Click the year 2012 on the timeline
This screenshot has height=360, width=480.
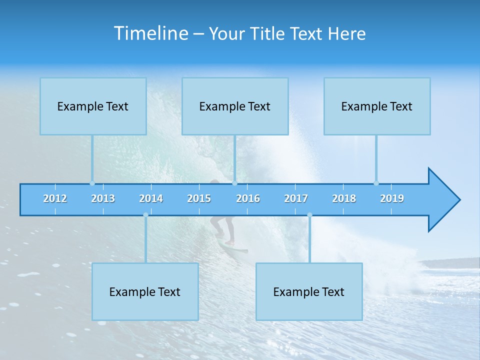click(x=55, y=198)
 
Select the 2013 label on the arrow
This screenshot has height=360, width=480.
click(x=103, y=198)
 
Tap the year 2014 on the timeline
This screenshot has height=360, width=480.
click(x=151, y=198)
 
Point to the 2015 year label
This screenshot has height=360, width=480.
click(x=199, y=198)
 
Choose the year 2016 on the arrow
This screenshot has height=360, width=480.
click(x=248, y=198)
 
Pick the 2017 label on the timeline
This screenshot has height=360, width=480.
click(x=296, y=198)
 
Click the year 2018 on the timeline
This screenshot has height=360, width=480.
click(x=344, y=198)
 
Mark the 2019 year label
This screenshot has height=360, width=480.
click(x=392, y=198)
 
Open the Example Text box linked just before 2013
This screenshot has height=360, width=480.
click(x=93, y=106)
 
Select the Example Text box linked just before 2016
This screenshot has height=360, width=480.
click(x=235, y=106)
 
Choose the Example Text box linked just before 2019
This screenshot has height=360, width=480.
click(x=377, y=106)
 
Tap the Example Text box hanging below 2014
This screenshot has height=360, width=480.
click(x=145, y=291)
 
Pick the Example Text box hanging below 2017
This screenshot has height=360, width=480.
click(x=309, y=291)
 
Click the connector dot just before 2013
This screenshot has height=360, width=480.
click(x=92, y=183)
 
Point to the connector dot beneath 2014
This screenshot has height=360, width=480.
click(x=145, y=215)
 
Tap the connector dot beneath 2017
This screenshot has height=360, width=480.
click(x=309, y=215)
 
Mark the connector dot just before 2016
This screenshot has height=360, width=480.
click(x=234, y=183)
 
